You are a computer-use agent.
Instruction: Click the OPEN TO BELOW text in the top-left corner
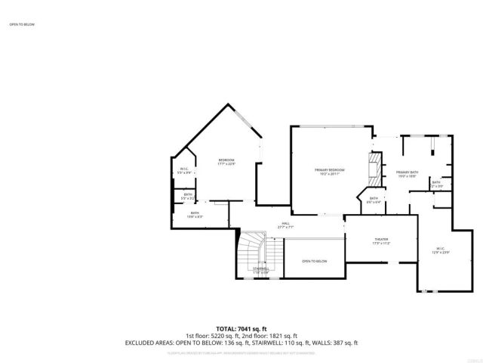pyautogui.click(x=22, y=24)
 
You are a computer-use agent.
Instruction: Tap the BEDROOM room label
pyautogui.click(x=226, y=160)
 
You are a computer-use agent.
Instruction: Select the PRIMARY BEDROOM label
pyautogui.click(x=330, y=169)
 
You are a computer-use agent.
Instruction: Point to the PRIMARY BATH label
pyautogui.click(x=408, y=172)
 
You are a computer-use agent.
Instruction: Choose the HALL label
pyautogui.click(x=286, y=223)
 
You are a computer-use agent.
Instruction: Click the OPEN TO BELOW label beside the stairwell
pyautogui.click(x=314, y=261)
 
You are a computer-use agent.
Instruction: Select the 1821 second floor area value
pyautogui.click(x=278, y=336)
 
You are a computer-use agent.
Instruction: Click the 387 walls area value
pyautogui.click(x=335, y=343)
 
